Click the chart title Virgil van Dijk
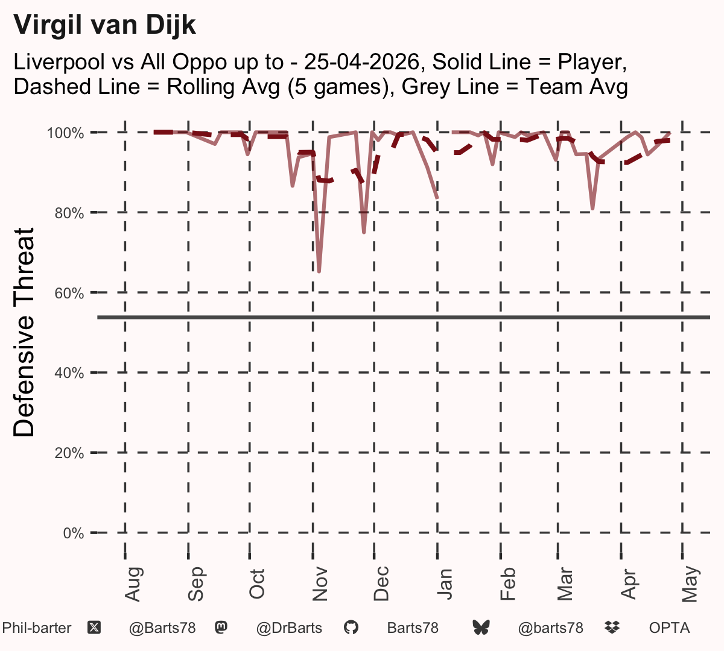[x=104, y=25]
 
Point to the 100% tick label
[x=65, y=133]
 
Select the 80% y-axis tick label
[x=69, y=213]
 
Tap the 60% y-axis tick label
[x=69, y=293]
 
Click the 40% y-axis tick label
[x=69, y=373]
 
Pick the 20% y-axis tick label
[x=69, y=453]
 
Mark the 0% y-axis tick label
[x=74, y=533]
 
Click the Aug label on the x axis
[x=133, y=584]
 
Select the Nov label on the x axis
[x=320, y=584]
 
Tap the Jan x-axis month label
[x=445, y=584]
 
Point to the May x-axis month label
[x=690, y=584]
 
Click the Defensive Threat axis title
[x=24, y=332]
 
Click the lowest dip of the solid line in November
[x=319, y=272]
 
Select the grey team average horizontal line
[x=404, y=318]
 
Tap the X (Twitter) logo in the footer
[x=94, y=628]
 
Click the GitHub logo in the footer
[x=351, y=628]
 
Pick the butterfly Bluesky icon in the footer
[x=481, y=628]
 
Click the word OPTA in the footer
[x=670, y=628]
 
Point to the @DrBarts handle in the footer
[x=289, y=628]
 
